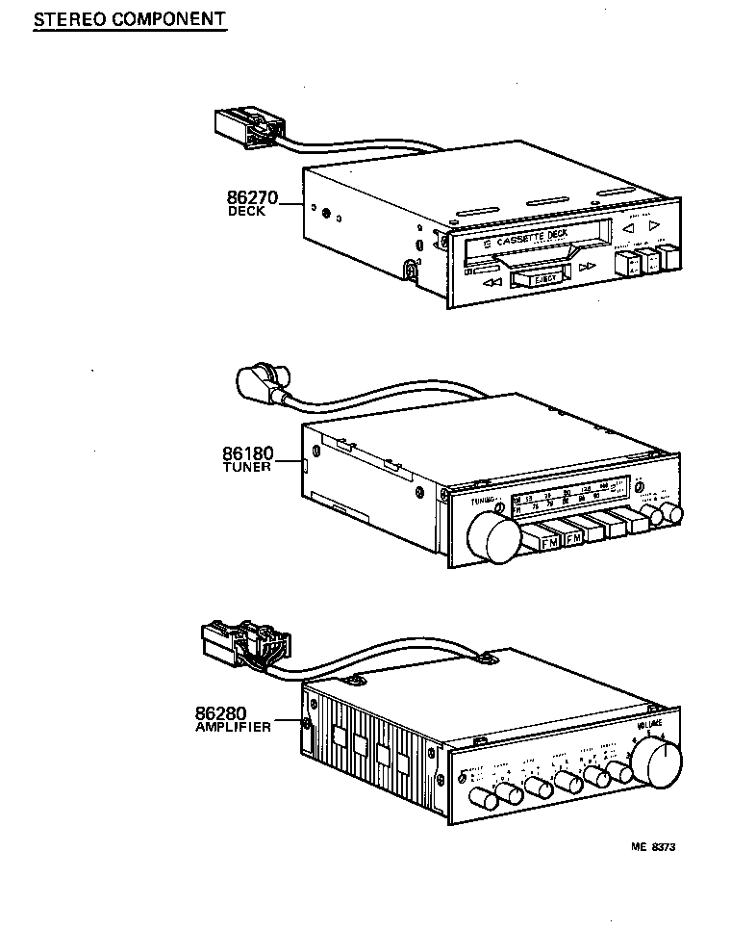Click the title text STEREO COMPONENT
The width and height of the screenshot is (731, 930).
pyautogui.click(x=129, y=18)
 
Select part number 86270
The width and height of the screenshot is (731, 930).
pyautogui.click(x=251, y=199)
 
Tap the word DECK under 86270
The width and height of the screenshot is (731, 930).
pyautogui.click(x=246, y=212)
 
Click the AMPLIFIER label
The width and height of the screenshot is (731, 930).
pyautogui.click(x=233, y=728)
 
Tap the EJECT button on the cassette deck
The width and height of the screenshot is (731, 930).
pyautogui.click(x=537, y=278)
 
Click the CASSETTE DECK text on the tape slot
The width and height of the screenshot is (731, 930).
pyautogui.click(x=532, y=236)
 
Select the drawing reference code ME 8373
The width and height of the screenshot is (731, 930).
pyautogui.click(x=653, y=847)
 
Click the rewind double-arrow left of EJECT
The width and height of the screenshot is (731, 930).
pyautogui.click(x=493, y=283)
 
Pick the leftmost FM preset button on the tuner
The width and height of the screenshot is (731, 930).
pyautogui.click(x=550, y=543)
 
